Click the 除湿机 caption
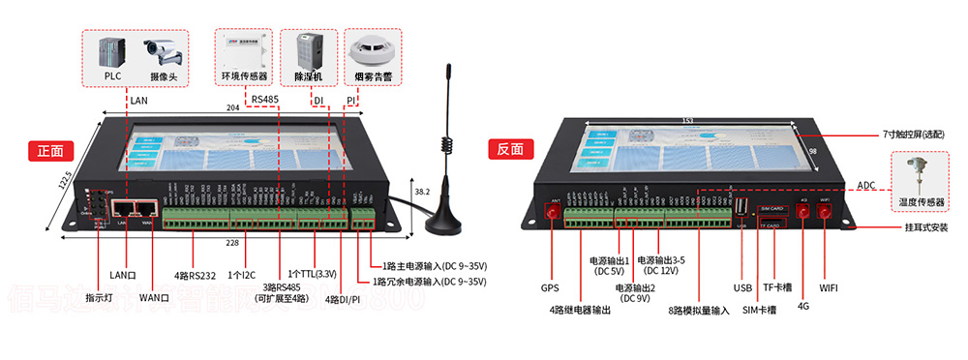[308, 76]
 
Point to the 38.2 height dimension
[421, 192]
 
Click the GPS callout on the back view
[551, 287]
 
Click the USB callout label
[742, 287]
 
